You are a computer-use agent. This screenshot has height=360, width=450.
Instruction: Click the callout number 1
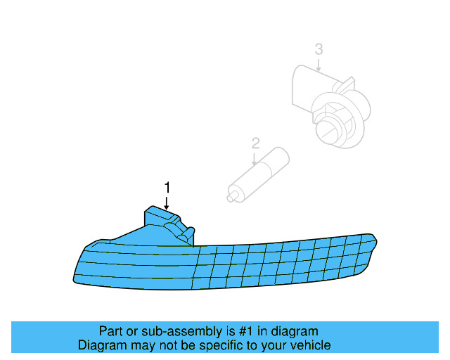[167, 187]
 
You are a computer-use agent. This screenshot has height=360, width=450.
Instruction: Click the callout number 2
[256, 143]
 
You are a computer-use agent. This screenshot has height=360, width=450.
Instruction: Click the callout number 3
[319, 49]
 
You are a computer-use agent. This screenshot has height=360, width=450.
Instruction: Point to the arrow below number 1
[167, 201]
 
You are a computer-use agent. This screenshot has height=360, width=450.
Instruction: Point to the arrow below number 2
[256, 157]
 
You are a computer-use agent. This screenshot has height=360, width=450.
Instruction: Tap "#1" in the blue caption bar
[245, 331]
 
